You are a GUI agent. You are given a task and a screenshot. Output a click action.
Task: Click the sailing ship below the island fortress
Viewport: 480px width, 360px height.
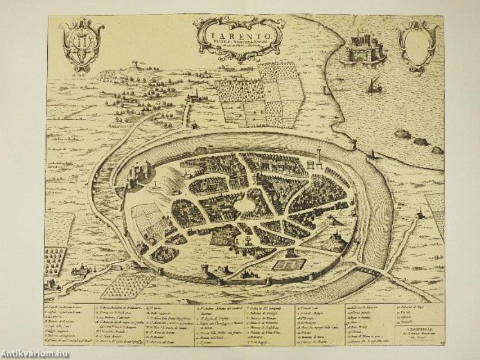coord(373,86)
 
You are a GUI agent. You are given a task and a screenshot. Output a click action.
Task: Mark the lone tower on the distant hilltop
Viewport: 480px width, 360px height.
coord(135,65)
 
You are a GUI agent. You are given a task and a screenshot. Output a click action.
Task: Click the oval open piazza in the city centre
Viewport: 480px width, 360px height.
coord(243,208)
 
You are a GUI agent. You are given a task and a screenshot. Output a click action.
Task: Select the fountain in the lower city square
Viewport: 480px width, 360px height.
coord(245,242)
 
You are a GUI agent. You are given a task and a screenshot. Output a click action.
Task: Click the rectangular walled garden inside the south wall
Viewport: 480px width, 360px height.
coord(289,264)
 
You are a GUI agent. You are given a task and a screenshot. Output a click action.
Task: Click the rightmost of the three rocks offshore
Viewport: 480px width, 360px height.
coord(437,150)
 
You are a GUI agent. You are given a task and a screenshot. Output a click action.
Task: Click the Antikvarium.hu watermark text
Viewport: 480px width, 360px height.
coord(37,353)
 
